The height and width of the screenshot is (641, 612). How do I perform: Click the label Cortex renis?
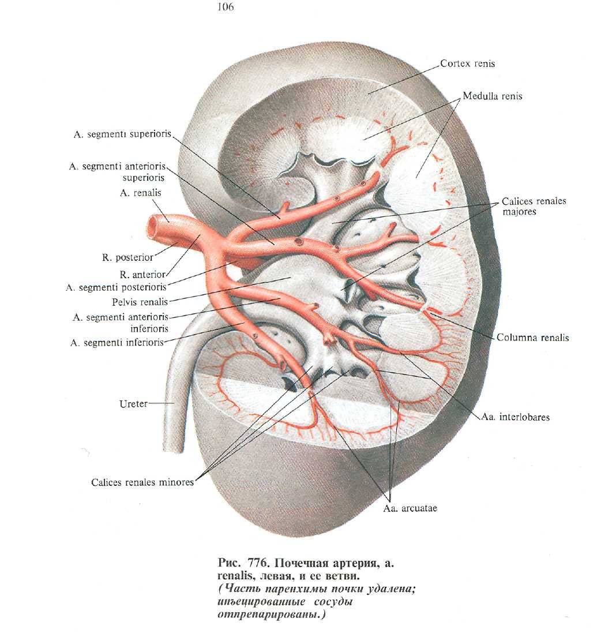click(467, 63)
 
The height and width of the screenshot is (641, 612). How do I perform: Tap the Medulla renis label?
click(492, 96)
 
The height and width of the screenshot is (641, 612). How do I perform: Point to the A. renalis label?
click(141, 194)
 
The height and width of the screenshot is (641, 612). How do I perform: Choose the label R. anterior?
click(143, 275)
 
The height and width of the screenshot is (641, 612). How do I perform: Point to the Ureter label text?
click(133, 404)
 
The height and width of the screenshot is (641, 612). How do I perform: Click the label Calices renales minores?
click(142, 482)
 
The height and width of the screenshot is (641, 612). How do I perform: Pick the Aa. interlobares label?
click(515, 417)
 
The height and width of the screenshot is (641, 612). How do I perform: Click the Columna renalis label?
click(532, 338)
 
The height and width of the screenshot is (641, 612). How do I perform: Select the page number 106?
click(226, 8)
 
